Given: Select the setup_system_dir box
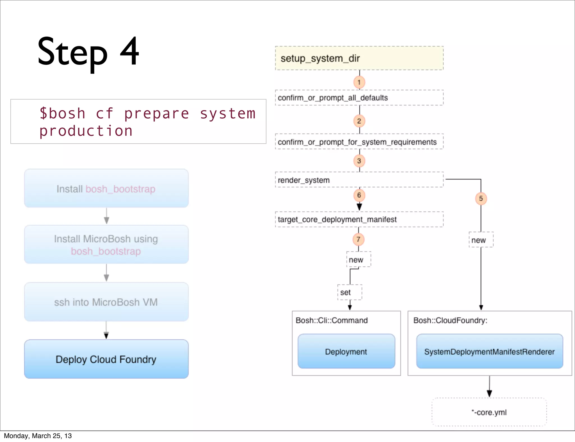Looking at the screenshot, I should (359, 58).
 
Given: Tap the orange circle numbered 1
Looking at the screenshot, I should (359, 82).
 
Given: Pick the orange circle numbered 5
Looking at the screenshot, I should (481, 199).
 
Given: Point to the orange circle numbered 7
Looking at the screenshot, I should (358, 240).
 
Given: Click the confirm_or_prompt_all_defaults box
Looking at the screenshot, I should (359, 98).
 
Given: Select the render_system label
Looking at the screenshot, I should (304, 180).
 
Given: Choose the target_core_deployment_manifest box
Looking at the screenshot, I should (359, 219).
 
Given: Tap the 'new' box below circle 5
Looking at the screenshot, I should (481, 240).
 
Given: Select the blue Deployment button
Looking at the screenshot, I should (346, 351).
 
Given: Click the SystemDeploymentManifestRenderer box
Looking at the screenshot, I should (489, 351).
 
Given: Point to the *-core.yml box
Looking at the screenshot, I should (489, 412).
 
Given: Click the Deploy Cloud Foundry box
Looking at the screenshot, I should (106, 359).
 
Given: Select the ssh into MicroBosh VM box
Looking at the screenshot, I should (106, 302).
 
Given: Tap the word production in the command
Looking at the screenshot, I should (86, 131).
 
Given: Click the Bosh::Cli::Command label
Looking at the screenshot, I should (332, 320).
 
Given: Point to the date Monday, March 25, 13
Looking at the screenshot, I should (38, 436).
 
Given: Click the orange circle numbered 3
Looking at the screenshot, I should (359, 161).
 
